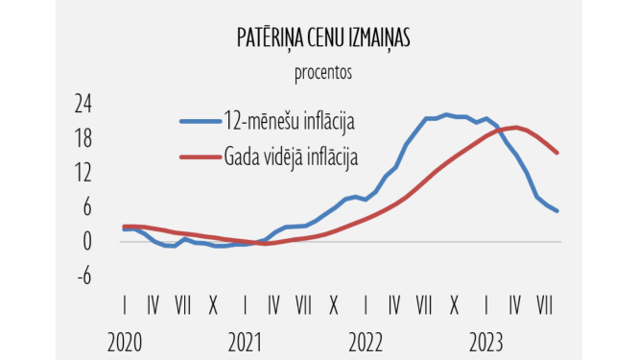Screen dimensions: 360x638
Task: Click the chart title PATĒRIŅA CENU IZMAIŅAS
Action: (x=322, y=37)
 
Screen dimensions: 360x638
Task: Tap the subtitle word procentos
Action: (x=322, y=71)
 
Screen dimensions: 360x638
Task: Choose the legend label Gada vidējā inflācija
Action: (x=291, y=156)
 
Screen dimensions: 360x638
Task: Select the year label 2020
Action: (x=125, y=341)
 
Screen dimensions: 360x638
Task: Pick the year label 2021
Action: (x=246, y=341)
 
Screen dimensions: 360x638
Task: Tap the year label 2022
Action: (x=366, y=341)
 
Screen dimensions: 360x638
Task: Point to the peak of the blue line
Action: (x=447, y=114)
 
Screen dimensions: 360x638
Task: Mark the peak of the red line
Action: (x=517, y=127)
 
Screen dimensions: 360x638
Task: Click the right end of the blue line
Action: (x=557, y=211)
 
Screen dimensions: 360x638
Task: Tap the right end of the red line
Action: (x=557, y=153)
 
